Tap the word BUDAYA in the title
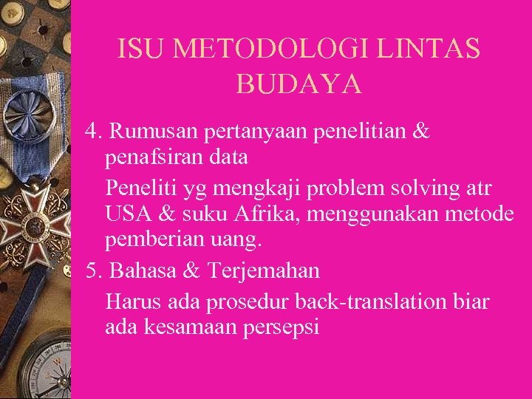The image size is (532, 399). click(299, 84)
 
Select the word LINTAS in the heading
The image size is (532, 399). click(430, 50)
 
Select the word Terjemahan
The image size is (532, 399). click(264, 271)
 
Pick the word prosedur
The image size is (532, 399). click(241, 302)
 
